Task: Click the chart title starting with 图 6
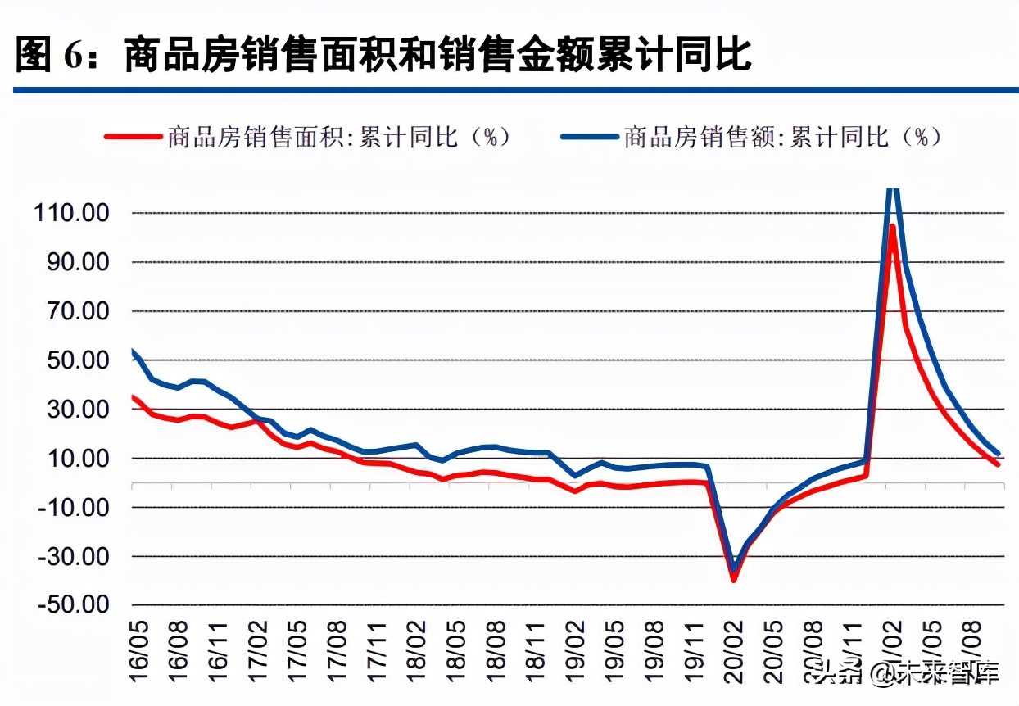click(x=383, y=55)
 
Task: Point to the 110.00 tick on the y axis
click(x=72, y=213)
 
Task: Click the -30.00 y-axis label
click(x=72, y=556)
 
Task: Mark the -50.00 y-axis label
click(x=72, y=604)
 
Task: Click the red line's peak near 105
click(x=892, y=226)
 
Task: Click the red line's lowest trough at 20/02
click(x=734, y=580)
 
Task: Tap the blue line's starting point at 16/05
click(x=133, y=351)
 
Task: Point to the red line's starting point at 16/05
click(x=133, y=396)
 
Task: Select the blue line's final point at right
click(x=998, y=453)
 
